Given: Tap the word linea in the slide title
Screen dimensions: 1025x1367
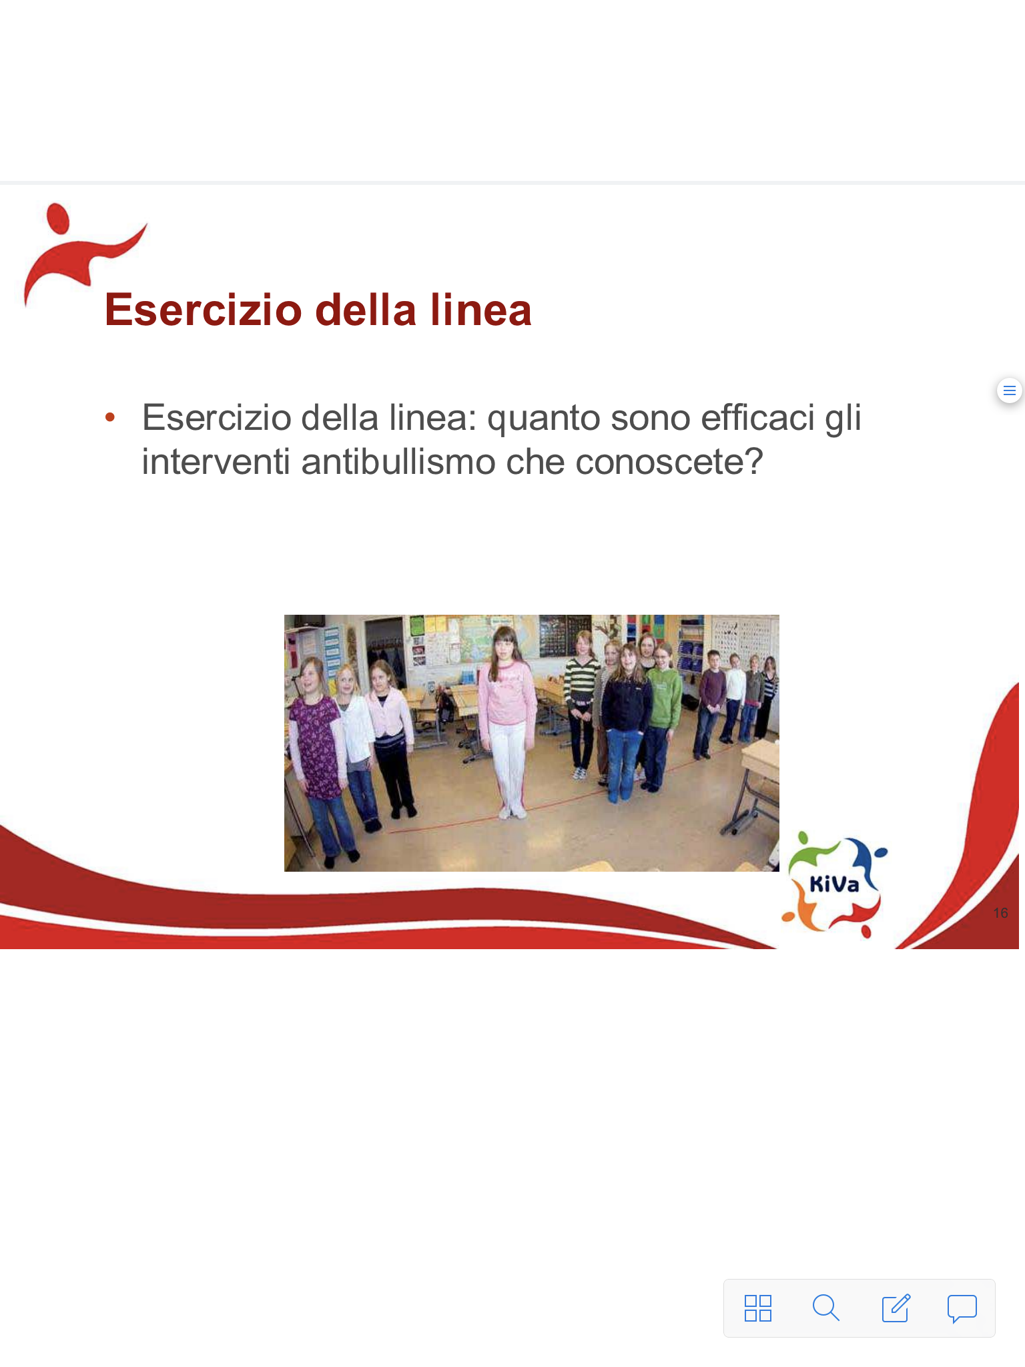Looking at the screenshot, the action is [480, 310].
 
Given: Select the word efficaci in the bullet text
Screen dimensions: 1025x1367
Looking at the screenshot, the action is [757, 418].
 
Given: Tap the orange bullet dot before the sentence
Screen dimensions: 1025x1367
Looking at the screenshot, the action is [110, 418].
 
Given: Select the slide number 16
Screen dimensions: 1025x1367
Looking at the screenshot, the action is [1000, 912].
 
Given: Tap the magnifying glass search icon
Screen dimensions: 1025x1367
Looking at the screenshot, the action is [825, 1308].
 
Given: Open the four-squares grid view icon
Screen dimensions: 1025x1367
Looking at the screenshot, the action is [758, 1308].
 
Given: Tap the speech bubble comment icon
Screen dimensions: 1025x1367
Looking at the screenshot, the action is [962, 1308].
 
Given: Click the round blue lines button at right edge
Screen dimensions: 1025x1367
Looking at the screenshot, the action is [1010, 390].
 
